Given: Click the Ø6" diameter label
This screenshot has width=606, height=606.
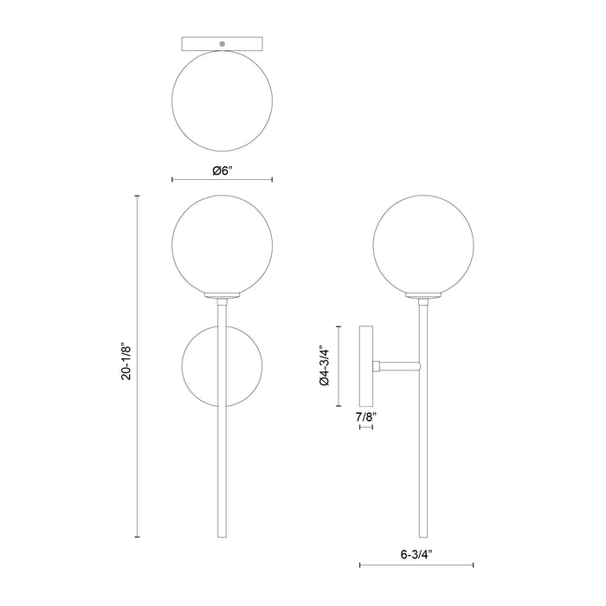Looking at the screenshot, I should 223,170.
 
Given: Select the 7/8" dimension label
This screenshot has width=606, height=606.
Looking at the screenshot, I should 365,417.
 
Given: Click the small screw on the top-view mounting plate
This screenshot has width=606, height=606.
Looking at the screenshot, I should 223,43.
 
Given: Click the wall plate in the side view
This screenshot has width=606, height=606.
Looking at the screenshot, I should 366,367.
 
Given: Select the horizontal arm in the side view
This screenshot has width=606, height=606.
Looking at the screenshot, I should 397,367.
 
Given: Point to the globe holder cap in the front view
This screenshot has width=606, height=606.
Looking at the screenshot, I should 223,298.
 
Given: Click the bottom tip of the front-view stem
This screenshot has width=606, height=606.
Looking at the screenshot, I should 223,536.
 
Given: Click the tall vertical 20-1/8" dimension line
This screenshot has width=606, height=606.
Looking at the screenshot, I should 139,367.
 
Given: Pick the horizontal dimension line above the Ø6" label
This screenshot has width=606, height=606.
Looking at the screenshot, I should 223,180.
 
